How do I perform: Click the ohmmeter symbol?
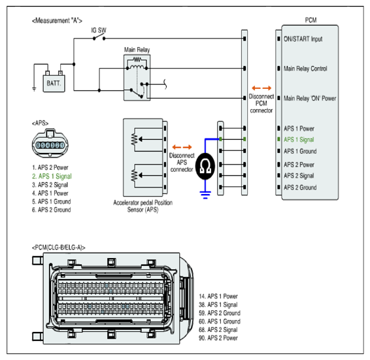[x=205, y=166]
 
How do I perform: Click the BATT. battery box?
[x=54, y=83]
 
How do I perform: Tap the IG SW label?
[x=99, y=30]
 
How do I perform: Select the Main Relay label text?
[x=137, y=50]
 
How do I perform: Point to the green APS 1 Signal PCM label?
[x=299, y=140]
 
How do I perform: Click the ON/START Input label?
[x=303, y=39]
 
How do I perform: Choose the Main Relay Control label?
[x=305, y=69]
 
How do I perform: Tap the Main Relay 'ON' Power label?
[x=310, y=99]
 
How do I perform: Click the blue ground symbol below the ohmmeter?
[x=205, y=195]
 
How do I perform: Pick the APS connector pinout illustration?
[x=50, y=143]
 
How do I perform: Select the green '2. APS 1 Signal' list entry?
[x=52, y=176]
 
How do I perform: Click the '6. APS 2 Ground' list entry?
[x=51, y=210]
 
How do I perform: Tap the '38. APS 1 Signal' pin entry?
[x=218, y=304]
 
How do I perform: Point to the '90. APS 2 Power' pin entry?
[x=218, y=338]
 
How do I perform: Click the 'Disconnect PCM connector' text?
[x=261, y=103]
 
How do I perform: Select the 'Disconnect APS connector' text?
[x=182, y=162]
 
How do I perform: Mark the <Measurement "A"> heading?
[x=57, y=21]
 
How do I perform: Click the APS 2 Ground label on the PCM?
[x=300, y=188]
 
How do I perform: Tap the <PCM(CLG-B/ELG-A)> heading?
[x=59, y=248]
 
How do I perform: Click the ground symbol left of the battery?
[x=34, y=89]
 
